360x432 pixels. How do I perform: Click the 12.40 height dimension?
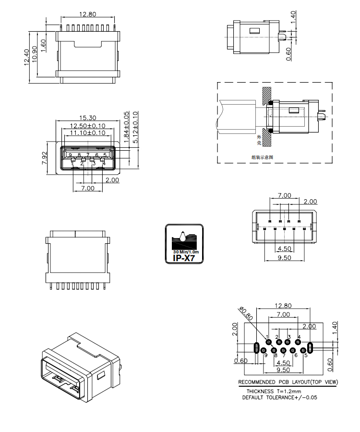click(x=27, y=58)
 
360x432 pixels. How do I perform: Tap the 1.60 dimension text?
click(x=44, y=46)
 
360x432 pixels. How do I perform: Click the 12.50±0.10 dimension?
click(x=87, y=126)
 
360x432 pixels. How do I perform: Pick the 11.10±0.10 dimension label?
click(x=87, y=133)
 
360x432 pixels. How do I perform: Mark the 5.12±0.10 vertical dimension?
click(x=135, y=128)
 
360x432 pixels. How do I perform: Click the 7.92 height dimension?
click(x=45, y=157)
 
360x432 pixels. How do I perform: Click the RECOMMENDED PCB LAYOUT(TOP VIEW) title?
click(x=288, y=383)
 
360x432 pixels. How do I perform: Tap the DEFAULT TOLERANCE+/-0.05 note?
click(x=279, y=397)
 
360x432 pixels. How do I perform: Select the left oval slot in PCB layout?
click(x=256, y=347)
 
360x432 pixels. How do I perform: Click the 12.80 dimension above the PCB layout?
click(x=283, y=305)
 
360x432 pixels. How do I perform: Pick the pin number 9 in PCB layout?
click(x=265, y=355)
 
